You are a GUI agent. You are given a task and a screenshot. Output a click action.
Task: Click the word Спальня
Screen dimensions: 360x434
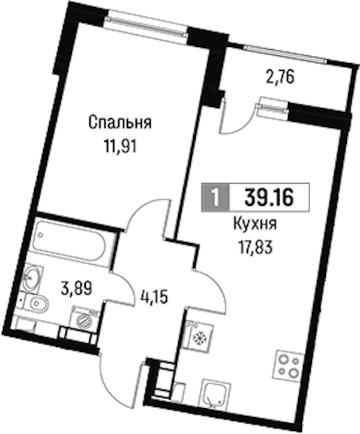click(120, 122)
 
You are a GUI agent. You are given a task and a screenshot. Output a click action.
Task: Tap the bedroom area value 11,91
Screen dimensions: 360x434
click(121, 146)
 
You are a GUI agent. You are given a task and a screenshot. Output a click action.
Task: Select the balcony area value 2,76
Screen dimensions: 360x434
click(280, 78)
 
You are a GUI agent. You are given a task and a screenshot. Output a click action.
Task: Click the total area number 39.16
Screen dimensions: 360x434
click(269, 197)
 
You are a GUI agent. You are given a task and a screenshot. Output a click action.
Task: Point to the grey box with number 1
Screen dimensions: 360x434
click(215, 197)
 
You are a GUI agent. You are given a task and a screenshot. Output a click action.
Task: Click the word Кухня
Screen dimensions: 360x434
click(255, 224)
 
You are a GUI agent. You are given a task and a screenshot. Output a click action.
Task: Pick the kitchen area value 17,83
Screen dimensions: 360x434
click(255, 247)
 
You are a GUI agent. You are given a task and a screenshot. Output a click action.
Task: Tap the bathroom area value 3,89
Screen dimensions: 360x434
click(76, 289)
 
